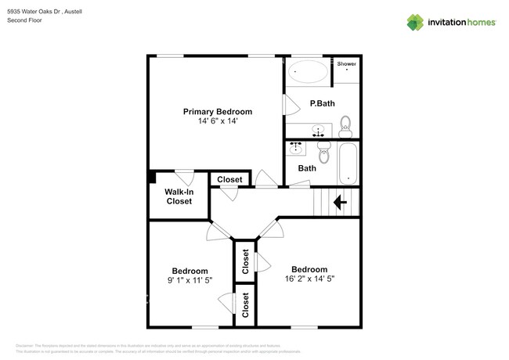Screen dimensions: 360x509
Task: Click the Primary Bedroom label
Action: coord(218,111)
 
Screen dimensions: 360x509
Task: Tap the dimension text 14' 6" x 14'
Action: coord(218,121)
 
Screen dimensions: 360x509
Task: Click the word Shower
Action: coord(346,63)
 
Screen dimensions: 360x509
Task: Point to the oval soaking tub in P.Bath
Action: coord(309,73)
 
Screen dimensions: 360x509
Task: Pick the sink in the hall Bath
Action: coord(297,146)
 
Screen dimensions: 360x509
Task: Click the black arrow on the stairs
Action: coord(341,203)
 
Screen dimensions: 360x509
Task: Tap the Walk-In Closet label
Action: coord(179,196)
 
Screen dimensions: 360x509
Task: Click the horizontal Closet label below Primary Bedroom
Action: coord(229,179)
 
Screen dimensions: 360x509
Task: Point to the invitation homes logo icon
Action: coord(417,22)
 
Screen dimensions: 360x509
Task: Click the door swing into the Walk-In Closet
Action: coord(185,176)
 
